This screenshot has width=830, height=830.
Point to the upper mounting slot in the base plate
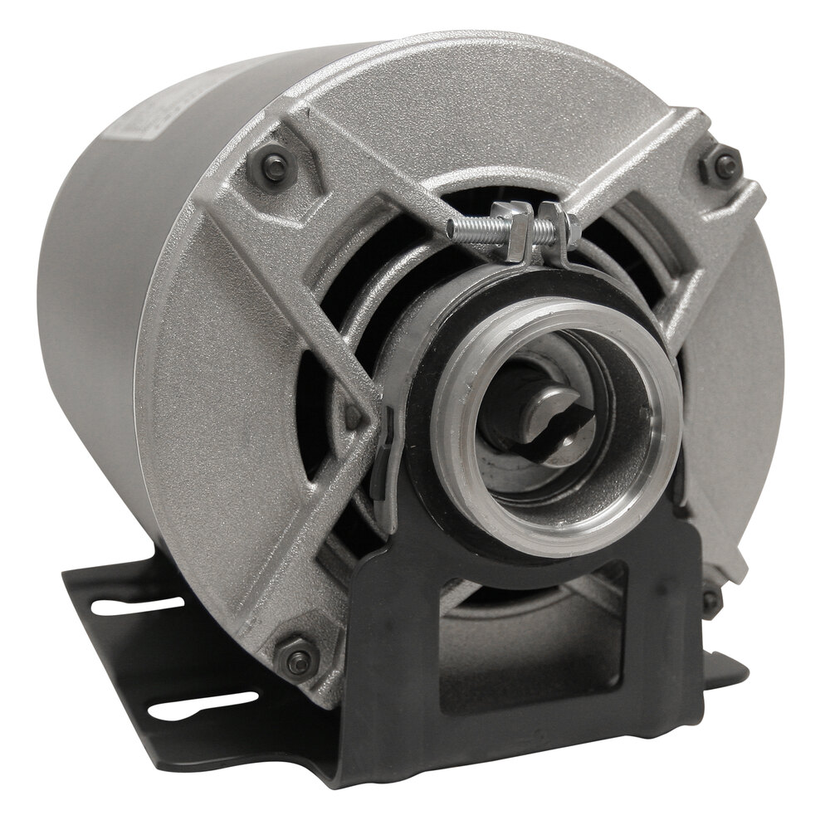[124, 605]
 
